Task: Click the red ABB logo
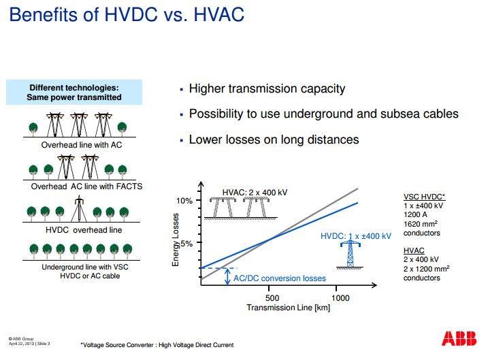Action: pyautogui.click(x=459, y=338)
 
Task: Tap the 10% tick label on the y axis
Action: pyautogui.click(x=184, y=201)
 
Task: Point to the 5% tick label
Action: pyautogui.click(x=186, y=244)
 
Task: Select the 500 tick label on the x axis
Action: pyautogui.click(x=272, y=298)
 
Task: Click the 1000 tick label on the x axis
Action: pyautogui.click(x=340, y=298)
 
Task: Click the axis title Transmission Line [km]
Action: pyautogui.click(x=288, y=308)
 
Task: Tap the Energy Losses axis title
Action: pyautogui.click(x=175, y=240)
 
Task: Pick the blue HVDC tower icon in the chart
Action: pyautogui.click(x=350, y=254)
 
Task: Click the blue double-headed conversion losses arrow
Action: pyautogui.click(x=228, y=276)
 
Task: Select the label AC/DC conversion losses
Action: pyautogui.click(x=280, y=278)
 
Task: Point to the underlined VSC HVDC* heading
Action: pyautogui.click(x=424, y=197)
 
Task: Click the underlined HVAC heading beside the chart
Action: pyautogui.click(x=414, y=250)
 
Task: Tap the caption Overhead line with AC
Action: pyautogui.click(x=82, y=145)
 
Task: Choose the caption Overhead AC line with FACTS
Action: pyautogui.click(x=86, y=186)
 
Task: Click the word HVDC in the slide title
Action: pyautogui.click(x=131, y=14)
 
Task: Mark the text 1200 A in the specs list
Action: pyautogui.click(x=415, y=214)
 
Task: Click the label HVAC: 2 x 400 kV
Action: pyautogui.click(x=255, y=193)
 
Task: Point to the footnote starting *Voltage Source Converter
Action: pyautogui.click(x=157, y=345)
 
